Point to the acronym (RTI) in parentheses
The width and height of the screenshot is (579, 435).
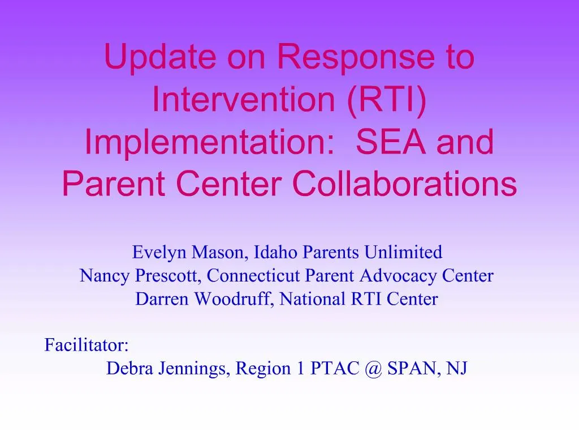click(387, 100)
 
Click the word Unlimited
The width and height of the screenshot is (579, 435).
click(403, 252)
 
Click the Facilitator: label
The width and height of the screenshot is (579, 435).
click(87, 345)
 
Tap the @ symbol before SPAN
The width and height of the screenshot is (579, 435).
click(373, 368)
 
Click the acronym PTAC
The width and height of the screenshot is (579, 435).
click(335, 368)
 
